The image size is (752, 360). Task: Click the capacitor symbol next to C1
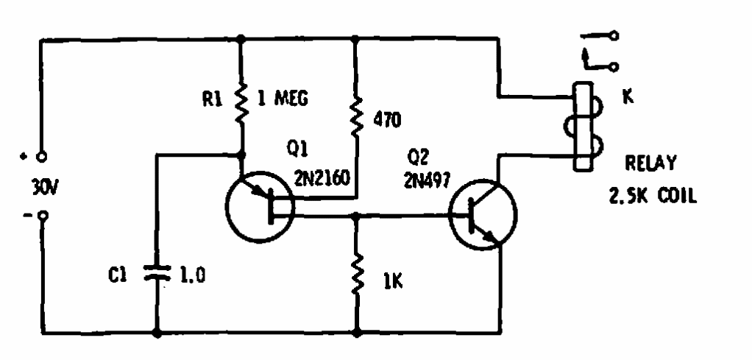157,275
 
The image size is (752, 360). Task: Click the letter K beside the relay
627,96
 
